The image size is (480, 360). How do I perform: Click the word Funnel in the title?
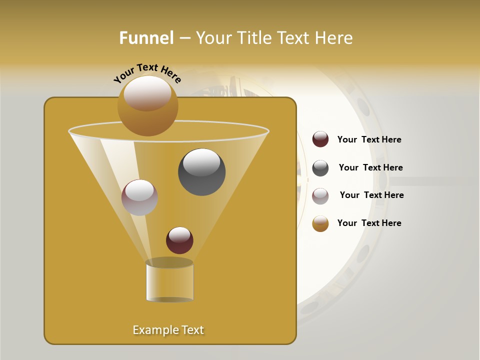146,37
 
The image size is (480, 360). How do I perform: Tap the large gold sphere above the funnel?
147,106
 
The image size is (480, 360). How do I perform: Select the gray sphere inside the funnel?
201,172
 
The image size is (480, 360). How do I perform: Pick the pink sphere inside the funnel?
139,197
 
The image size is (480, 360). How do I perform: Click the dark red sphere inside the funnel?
179,240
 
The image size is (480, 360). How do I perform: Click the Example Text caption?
168,330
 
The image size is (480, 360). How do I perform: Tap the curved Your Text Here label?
147,73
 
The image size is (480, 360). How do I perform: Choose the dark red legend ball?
320,139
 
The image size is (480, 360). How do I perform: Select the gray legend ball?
320,168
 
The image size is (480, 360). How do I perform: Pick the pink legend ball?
320,196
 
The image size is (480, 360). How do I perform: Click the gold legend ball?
320,223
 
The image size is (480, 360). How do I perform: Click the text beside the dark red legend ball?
369,140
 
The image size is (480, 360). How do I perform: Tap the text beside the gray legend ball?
370,168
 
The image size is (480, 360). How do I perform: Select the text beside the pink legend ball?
371,195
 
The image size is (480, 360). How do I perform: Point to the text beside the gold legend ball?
369,223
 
